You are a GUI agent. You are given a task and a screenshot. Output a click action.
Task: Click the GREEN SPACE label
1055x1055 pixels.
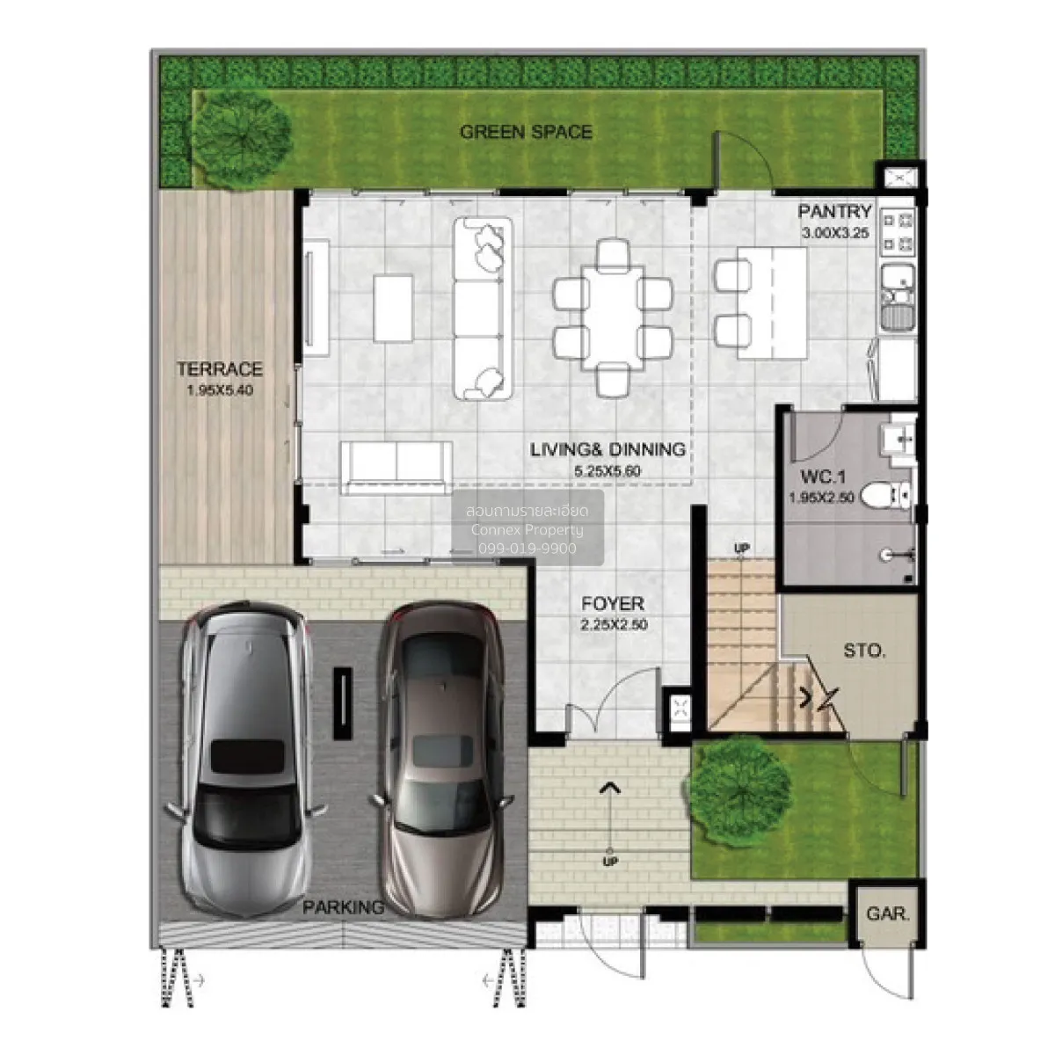pyautogui.click(x=526, y=132)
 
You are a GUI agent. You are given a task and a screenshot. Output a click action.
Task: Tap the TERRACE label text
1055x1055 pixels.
pyautogui.click(x=220, y=369)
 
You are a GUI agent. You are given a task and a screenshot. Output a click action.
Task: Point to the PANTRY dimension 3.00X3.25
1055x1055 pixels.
pyautogui.click(x=835, y=233)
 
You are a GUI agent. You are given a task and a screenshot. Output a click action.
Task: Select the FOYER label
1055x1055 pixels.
pyautogui.click(x=613, y=603)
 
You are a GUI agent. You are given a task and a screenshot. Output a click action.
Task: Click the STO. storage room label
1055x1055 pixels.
pyautogui.click(x=864, y=651)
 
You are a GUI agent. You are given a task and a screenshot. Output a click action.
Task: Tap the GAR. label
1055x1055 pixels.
pyautogui.click(x=888, y=913)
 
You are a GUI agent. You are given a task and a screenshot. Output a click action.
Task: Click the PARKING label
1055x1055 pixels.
pyautogui.click(x=343, y=907)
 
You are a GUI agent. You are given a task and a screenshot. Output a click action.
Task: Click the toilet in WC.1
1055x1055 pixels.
pyautogui.click(x=885, y=496)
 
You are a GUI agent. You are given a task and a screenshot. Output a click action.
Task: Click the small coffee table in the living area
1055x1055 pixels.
pyautogui.click(x=393, y=309)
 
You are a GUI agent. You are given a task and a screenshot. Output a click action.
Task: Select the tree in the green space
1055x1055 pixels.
pyautogui.click(x=243, y=140)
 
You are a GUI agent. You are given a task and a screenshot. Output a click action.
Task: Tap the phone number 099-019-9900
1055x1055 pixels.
pyautogui.click(x=527, y=549)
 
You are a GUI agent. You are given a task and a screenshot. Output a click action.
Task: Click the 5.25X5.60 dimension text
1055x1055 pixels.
pyautogui.click(x=608, y=471)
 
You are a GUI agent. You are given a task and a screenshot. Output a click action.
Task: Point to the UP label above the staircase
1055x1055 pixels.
pyautogui.click(x=741, y=548)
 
